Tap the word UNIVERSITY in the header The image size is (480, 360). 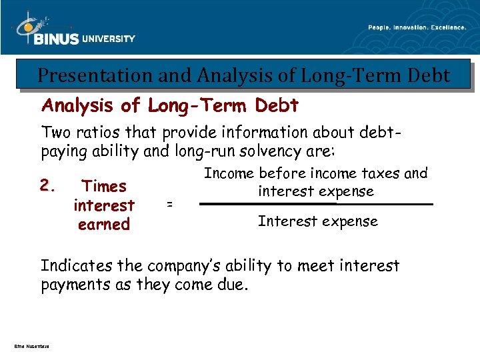tap(108, 39)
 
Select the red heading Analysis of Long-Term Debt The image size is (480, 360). tap(170, 105)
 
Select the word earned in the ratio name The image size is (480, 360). tap(103, 225)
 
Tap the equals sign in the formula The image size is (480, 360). tap(169, 205)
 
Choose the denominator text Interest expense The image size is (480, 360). tap(317, 221)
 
